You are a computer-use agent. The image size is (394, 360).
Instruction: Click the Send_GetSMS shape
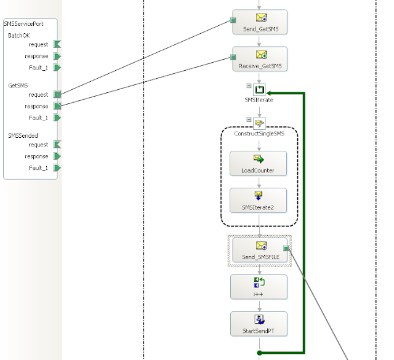tap(260, 22)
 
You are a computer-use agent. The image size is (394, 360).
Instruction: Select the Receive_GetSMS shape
tap(260, 59)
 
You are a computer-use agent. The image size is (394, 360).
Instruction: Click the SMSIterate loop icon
tap(259, 90)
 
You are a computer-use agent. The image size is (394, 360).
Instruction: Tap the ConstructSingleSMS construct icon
tap(259, 123)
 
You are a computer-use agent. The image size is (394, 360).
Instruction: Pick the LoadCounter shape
tap(259, 164)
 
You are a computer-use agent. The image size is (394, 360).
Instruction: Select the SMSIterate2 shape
tap(259, 201)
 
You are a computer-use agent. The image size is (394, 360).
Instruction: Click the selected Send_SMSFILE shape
tap(260, 250)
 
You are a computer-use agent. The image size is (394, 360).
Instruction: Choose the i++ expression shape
tap(259, 287)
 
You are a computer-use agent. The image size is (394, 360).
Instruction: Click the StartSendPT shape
tap(259, 324)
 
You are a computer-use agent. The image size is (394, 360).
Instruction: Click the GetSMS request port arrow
tap(57, 94)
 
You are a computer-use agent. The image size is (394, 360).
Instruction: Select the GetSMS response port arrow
tap(57, 106)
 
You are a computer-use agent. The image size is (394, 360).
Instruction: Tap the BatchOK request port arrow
tap(57, 44)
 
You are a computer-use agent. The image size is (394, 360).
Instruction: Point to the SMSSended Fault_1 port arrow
tap(57, 168)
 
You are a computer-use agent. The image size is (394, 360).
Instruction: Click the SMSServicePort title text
tap(23, 24)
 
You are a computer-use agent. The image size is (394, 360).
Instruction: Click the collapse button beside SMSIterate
tap(249, 86)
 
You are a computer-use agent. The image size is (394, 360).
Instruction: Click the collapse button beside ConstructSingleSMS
tap(249, 119)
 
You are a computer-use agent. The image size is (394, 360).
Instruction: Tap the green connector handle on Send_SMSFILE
tap(286, 249)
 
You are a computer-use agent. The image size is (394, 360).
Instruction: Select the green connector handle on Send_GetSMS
tap(233, 20)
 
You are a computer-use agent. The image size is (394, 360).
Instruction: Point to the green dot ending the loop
tap(260, 353)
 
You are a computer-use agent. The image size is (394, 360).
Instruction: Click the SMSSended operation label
tap(23, 136)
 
